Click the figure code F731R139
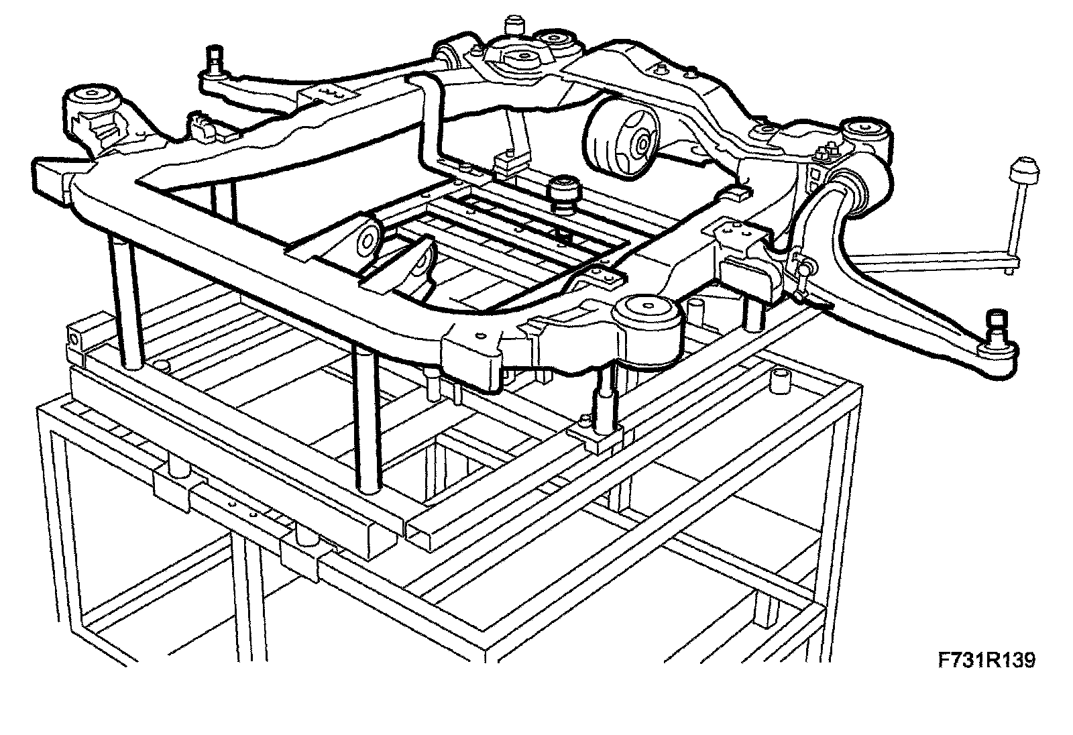tap(986, 661)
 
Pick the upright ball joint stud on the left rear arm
tap(217, 59)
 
